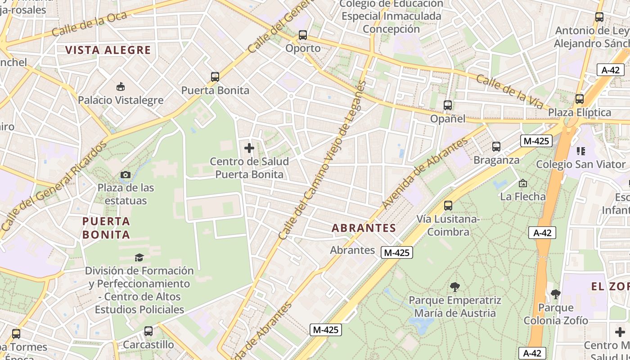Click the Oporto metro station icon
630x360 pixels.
point(303,35)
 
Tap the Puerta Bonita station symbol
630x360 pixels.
point(215,77)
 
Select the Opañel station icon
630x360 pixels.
point(448,105)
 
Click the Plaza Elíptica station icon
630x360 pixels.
point(580,99)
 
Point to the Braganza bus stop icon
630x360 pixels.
point(496,147)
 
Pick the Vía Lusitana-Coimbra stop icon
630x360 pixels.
point(448,206)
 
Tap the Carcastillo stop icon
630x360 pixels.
point(148,332)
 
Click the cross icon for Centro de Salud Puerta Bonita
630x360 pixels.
point(249,148)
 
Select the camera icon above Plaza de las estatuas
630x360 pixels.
point(126,175)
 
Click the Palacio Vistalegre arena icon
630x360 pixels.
point(120,86)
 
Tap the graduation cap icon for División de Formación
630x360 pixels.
point(139,257)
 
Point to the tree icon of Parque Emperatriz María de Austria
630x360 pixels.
point(455,287)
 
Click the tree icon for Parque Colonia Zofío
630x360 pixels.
point(556,294)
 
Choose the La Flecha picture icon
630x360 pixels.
point(523,183)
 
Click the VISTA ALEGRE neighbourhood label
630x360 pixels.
point(108,50)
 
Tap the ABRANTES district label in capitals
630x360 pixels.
point(364,228)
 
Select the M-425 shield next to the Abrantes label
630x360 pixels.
point(396,252)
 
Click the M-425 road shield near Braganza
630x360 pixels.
point(536,141)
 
